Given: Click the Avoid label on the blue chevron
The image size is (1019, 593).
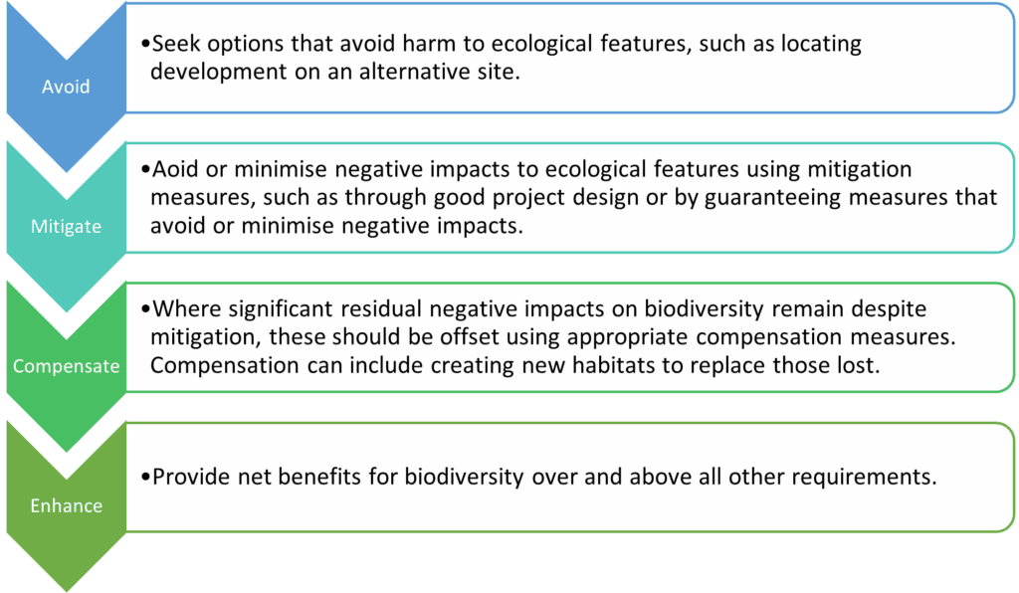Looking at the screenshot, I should point(66,87).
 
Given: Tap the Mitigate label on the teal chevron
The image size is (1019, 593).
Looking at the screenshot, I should point(66,226).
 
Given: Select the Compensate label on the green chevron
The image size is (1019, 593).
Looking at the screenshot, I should point(66,366).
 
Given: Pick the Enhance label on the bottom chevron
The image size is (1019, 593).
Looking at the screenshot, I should point(66,505).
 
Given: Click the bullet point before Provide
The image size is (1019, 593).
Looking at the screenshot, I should point(146,478).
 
